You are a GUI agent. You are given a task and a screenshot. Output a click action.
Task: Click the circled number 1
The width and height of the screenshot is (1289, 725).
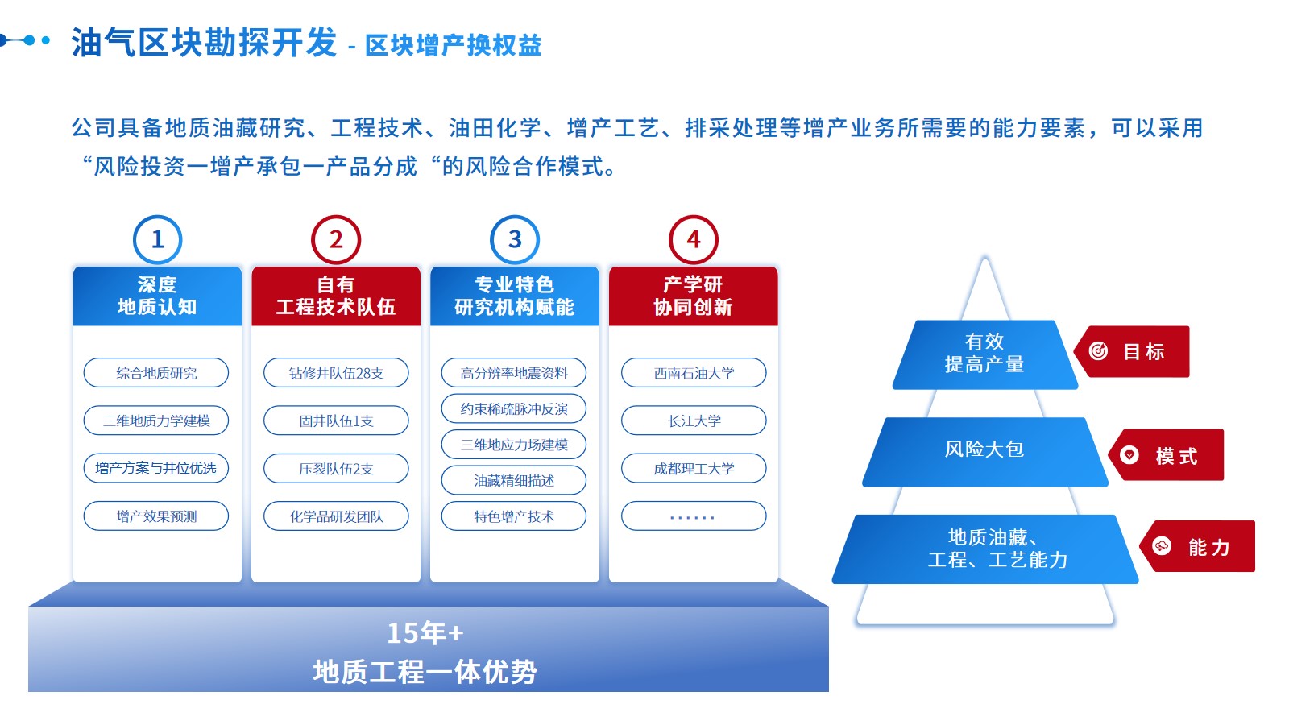pos(157,239)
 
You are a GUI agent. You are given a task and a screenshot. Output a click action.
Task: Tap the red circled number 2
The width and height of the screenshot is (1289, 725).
pos(336,239)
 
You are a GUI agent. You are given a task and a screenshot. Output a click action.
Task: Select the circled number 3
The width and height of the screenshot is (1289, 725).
pos(515,239)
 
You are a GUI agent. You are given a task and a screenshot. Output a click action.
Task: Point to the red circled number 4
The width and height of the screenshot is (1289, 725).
pos(693,239)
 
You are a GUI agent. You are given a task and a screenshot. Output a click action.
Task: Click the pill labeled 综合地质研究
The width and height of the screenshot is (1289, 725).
pos(156,373)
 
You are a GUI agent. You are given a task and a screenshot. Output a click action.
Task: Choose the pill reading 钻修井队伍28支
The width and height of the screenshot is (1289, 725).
pos(336,373)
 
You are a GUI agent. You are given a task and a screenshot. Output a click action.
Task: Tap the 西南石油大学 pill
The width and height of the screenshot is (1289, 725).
pos(694,373)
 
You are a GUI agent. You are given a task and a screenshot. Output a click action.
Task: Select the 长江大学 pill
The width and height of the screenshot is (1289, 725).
pos(694,420)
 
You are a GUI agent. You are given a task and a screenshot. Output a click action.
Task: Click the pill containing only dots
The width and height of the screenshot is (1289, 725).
pos(694,516)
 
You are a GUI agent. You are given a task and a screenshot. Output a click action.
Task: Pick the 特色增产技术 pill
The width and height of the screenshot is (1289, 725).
pos(514,516)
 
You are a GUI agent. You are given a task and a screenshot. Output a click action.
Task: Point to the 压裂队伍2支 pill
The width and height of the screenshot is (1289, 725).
pos(336,469)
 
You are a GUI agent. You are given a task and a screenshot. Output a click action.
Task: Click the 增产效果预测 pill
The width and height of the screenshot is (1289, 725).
pos(156,516)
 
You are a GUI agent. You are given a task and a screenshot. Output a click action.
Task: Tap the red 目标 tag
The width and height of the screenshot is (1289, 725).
pos(1134,352)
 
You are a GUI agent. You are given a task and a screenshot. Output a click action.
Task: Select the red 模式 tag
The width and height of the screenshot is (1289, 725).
pos(1169,456)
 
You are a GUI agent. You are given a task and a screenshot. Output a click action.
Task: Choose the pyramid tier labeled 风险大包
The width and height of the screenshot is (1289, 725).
pos(984,450)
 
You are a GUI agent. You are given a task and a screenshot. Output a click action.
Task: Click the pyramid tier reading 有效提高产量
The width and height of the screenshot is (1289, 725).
pos(984,354)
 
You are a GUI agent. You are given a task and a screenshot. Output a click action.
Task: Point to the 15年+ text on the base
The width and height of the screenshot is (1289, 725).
pos(425,633)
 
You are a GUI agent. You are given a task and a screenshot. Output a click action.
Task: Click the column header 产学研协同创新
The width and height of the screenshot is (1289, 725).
pos(693,296)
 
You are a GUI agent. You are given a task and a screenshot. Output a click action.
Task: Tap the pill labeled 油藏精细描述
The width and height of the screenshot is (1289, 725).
pos(514,481)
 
